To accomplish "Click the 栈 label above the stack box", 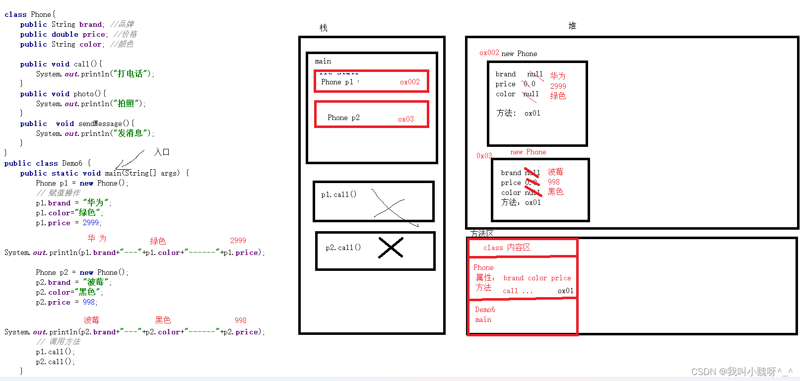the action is (x=324, y=28).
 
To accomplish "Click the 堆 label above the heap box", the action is (x=572, y=26).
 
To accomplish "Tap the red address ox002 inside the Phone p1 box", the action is (x=410, y=82).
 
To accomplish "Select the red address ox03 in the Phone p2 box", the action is (x=405, y=119).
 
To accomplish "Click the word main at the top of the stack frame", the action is (x=323, y=61).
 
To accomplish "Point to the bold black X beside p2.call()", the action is (x=391, y=248).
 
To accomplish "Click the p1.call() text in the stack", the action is (x=338, y=194).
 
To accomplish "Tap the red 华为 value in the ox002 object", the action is (x=557, y=76).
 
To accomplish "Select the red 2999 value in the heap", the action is (x=558, y=86).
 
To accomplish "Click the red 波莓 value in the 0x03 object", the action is (x=555, y=172).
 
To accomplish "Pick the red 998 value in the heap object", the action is (x=553, y=182).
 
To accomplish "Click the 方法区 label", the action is (x=481, y=233).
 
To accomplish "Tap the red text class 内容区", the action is (x=507, y=248).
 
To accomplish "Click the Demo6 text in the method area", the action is (x=485, y=310).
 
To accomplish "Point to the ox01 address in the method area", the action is (x=565, y=291).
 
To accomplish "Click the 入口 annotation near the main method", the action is (x=162, y=152).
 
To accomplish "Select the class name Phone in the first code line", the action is (x=41, y=14).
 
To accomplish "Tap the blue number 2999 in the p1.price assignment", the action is (x=91, y=223).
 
